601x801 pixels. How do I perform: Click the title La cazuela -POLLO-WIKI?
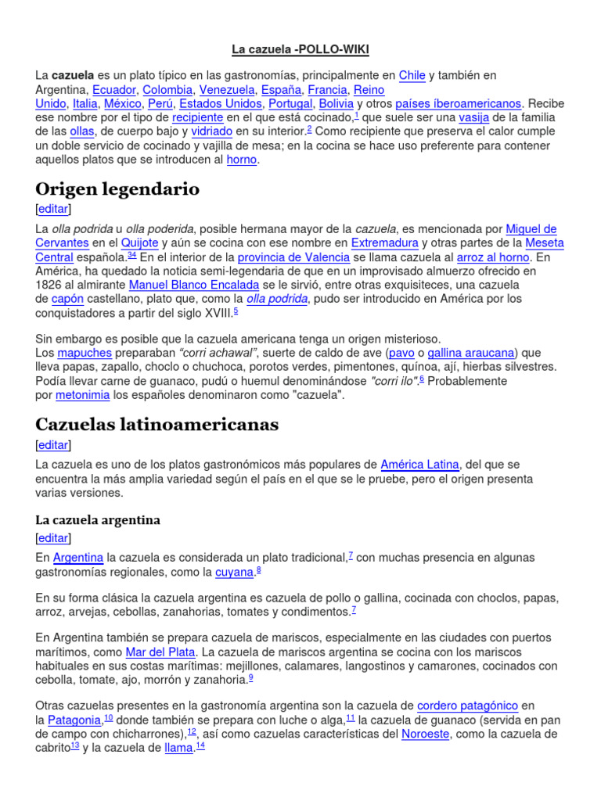pos(300,50)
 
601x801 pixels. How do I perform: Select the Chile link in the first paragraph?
pos(412,76)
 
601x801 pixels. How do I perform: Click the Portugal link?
pos(290,103)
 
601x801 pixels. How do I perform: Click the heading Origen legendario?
pos(117,189)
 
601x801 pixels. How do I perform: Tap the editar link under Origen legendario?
pos(53,209)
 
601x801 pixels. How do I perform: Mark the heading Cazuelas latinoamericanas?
pos(157,424)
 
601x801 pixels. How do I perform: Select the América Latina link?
pos(419,465)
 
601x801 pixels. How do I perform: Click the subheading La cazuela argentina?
pos(98,519)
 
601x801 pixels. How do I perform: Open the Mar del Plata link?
pos(160,652)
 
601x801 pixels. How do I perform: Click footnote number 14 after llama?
pos(200,745)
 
